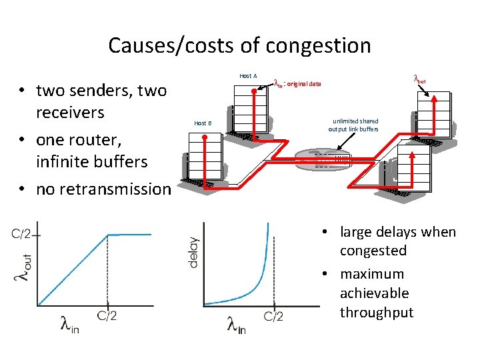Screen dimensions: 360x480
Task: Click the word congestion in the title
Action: pos(319,46)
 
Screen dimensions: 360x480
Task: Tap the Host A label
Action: pos(248,76)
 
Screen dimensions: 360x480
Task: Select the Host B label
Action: pos(203,123)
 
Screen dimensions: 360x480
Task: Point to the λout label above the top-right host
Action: pos(421,80)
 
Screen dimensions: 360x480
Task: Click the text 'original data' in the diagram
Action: pos(305,84)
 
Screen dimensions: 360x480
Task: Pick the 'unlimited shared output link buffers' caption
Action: pos(353,125)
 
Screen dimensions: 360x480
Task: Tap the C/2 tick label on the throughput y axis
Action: pos(23,234)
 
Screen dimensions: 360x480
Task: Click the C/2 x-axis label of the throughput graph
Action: pos(106,315)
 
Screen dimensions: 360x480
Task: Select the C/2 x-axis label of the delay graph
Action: pos(273,316)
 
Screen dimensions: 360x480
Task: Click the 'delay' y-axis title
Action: pos(194,252)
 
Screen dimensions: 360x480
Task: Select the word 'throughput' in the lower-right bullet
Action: pos(377,312)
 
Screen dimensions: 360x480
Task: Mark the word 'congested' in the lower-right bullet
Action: pos(373,251)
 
